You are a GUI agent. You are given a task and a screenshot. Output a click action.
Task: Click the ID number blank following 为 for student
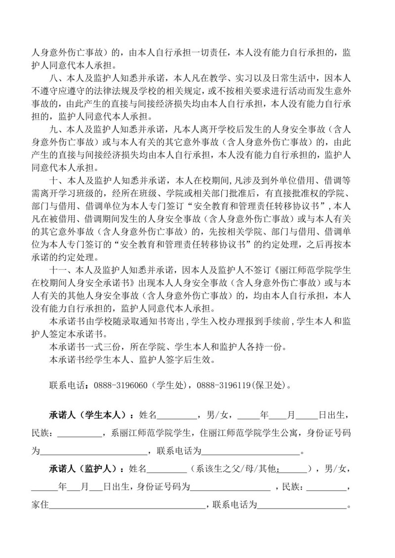point(94,450)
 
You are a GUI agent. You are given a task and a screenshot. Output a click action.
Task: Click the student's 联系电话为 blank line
point(251,450)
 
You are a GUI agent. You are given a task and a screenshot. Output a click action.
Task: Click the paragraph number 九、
point(56,129)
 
